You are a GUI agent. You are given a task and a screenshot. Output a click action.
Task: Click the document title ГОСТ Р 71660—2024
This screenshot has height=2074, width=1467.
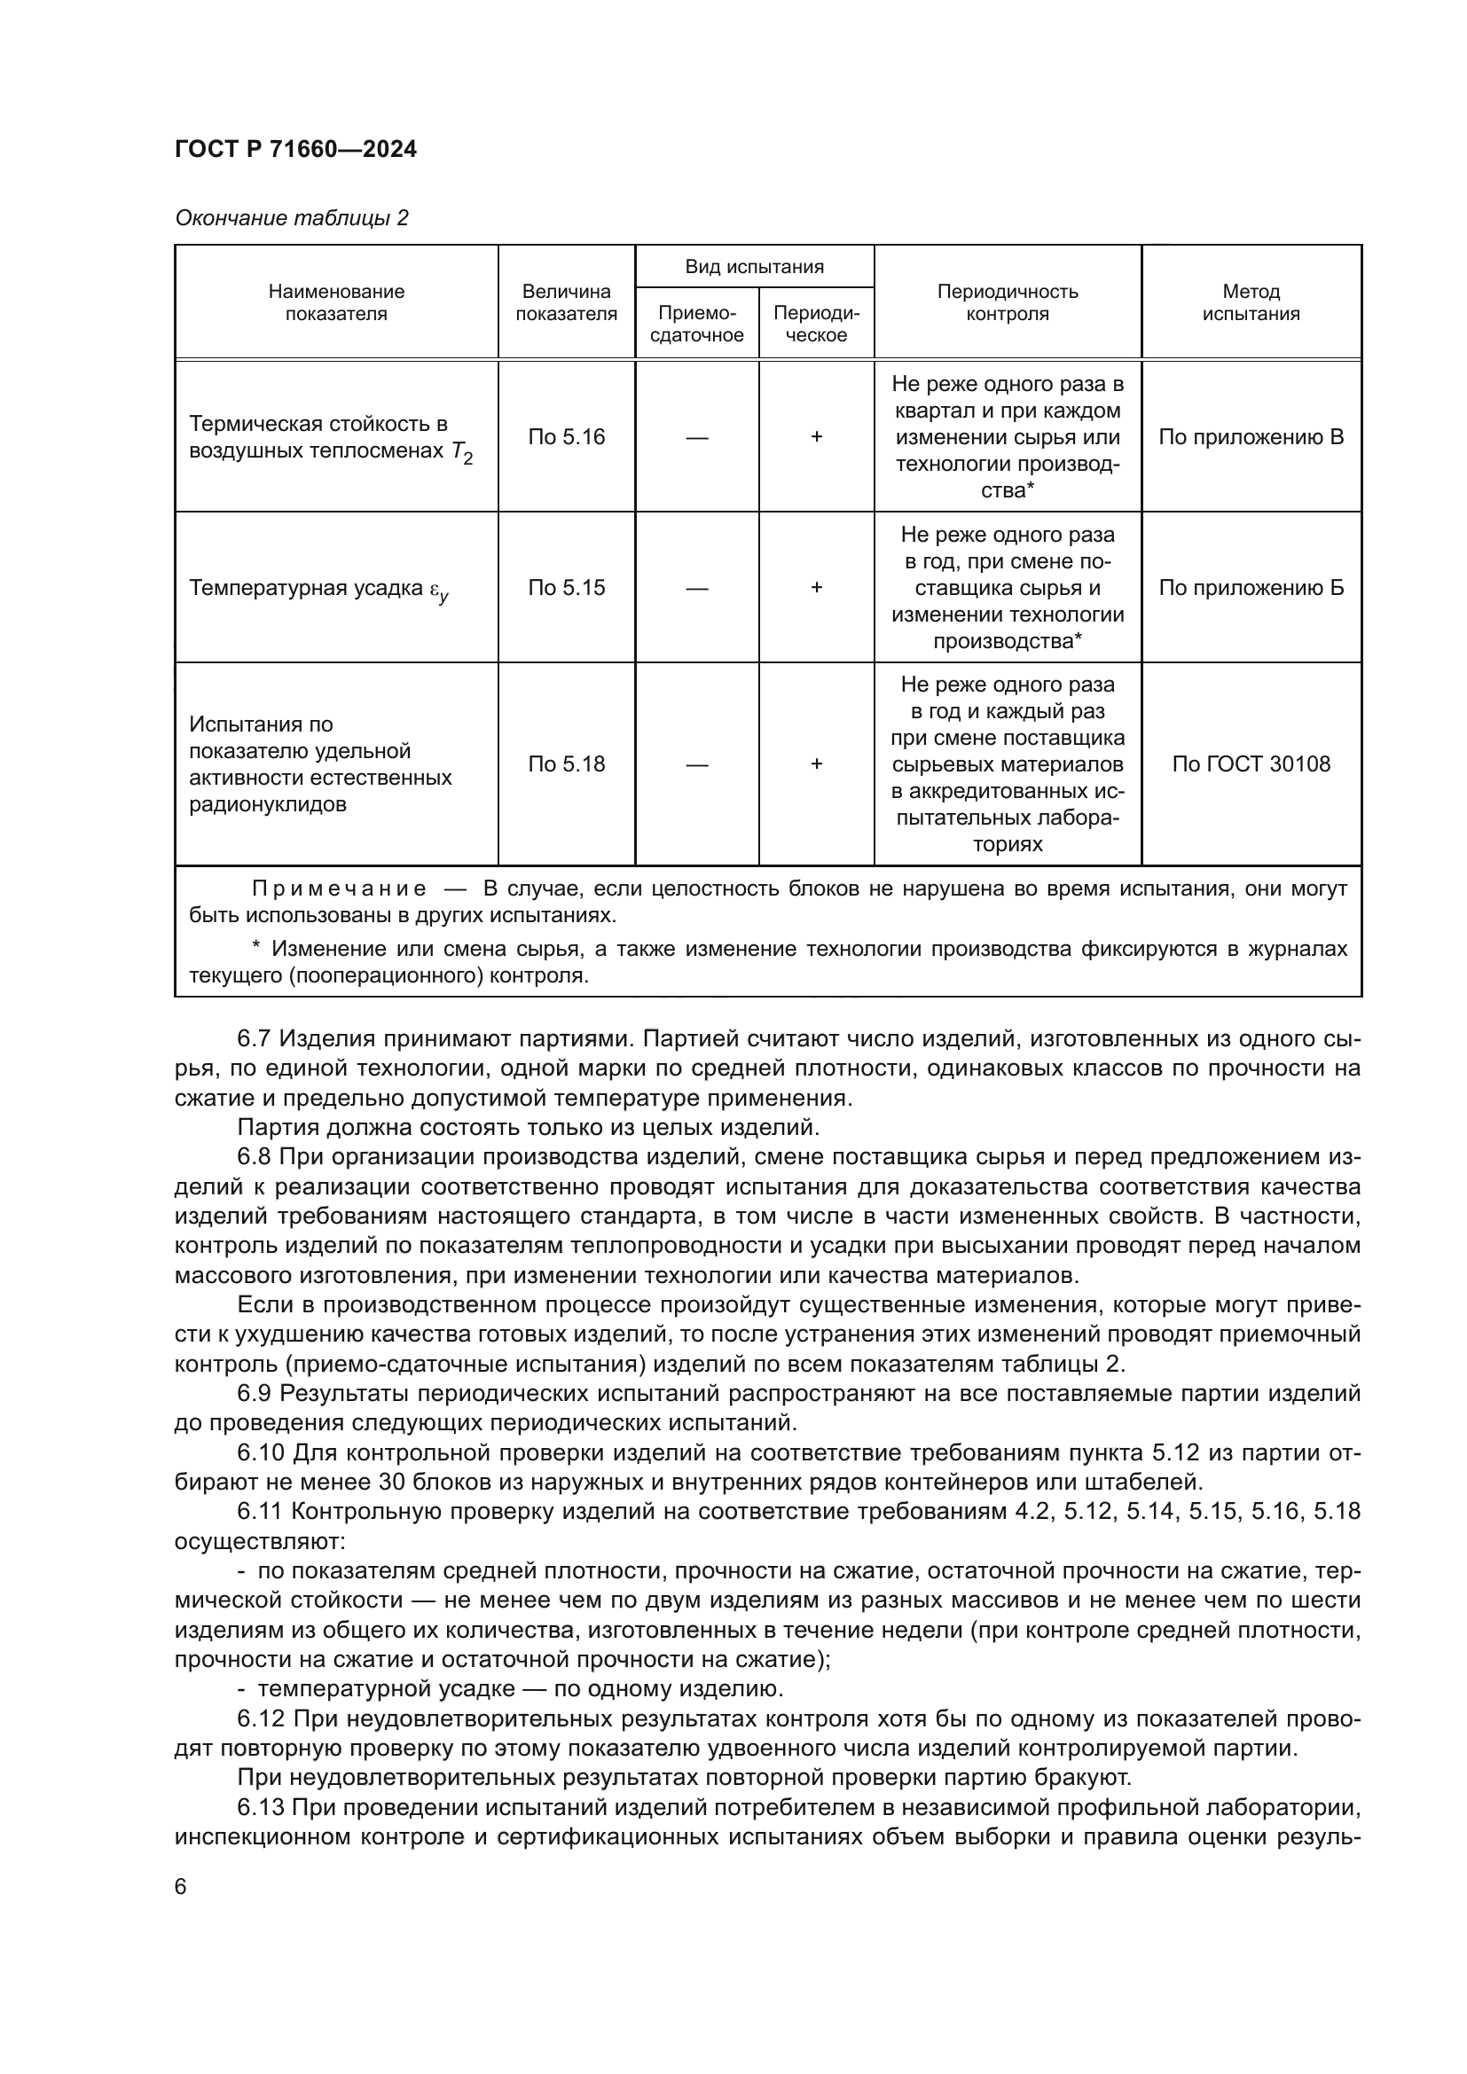coord(295,149)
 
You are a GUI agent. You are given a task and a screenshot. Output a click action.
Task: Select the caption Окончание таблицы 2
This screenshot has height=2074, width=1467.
coord(291,218)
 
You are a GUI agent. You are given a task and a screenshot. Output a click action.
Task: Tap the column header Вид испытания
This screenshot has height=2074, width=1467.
coord(753,267)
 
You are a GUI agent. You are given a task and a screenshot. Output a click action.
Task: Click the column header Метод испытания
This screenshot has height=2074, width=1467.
coord(1251,302)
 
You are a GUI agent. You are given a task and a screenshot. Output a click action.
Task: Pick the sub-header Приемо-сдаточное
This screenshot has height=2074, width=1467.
coord(696,325)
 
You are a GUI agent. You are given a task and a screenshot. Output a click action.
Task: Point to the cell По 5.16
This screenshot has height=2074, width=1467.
coord(567,437)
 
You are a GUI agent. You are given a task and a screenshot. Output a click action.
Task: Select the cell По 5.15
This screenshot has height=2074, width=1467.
coord(567,588)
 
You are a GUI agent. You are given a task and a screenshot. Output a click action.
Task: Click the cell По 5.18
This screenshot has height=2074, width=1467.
coord(567,764)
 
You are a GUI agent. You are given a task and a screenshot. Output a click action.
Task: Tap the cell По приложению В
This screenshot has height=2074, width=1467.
coord(1251,437)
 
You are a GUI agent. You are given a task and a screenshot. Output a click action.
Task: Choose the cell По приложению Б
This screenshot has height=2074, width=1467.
coord(1251,588)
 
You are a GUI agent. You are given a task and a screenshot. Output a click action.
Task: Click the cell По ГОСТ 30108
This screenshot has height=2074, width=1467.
coord(1251,764)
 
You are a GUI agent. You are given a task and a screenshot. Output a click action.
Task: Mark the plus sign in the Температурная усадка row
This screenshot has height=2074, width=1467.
coord(816,588)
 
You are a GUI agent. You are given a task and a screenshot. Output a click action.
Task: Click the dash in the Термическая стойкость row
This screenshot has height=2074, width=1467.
coord(696,437)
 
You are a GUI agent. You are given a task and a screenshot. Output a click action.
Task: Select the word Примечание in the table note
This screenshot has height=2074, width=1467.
coord(339,888)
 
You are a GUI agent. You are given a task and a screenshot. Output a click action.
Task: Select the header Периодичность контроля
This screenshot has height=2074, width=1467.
coord(1007,302)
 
